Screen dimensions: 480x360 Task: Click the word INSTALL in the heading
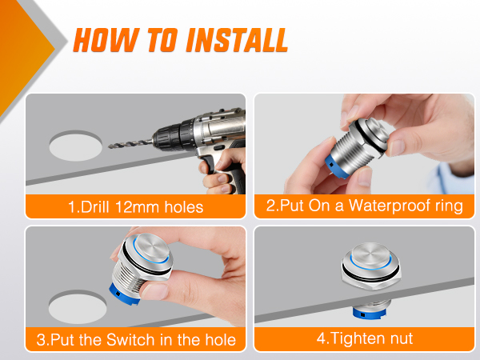tap(237, 40)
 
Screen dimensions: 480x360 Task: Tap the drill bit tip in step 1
tap(110, 147)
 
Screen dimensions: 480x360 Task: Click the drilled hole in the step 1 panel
tap(76, 146)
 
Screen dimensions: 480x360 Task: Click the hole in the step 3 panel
tap(78, 307)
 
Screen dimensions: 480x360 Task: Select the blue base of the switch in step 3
tap(124, 294)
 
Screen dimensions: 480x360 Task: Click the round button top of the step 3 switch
tap(151, 247)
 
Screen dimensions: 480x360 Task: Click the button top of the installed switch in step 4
tap(370, 255)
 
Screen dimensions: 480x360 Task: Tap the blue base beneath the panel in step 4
tap(369, 313)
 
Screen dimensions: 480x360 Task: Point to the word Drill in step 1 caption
tap(94, 207)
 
